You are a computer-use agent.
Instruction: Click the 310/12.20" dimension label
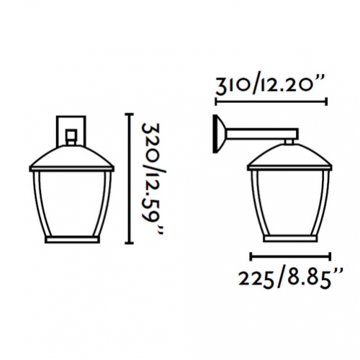tap(270, 84)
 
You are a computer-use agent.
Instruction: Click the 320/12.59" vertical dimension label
tap(153, 179)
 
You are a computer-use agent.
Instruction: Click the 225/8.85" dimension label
tap(290, 279)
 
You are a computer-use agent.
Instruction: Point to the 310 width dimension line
tap(271, 102)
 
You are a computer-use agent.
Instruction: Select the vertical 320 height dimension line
tap(130, 179)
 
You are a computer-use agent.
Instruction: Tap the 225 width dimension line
tap(290, 256)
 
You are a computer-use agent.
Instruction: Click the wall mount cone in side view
tap(218, 134)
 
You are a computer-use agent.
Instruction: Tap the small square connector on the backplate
tap(71, 135)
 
